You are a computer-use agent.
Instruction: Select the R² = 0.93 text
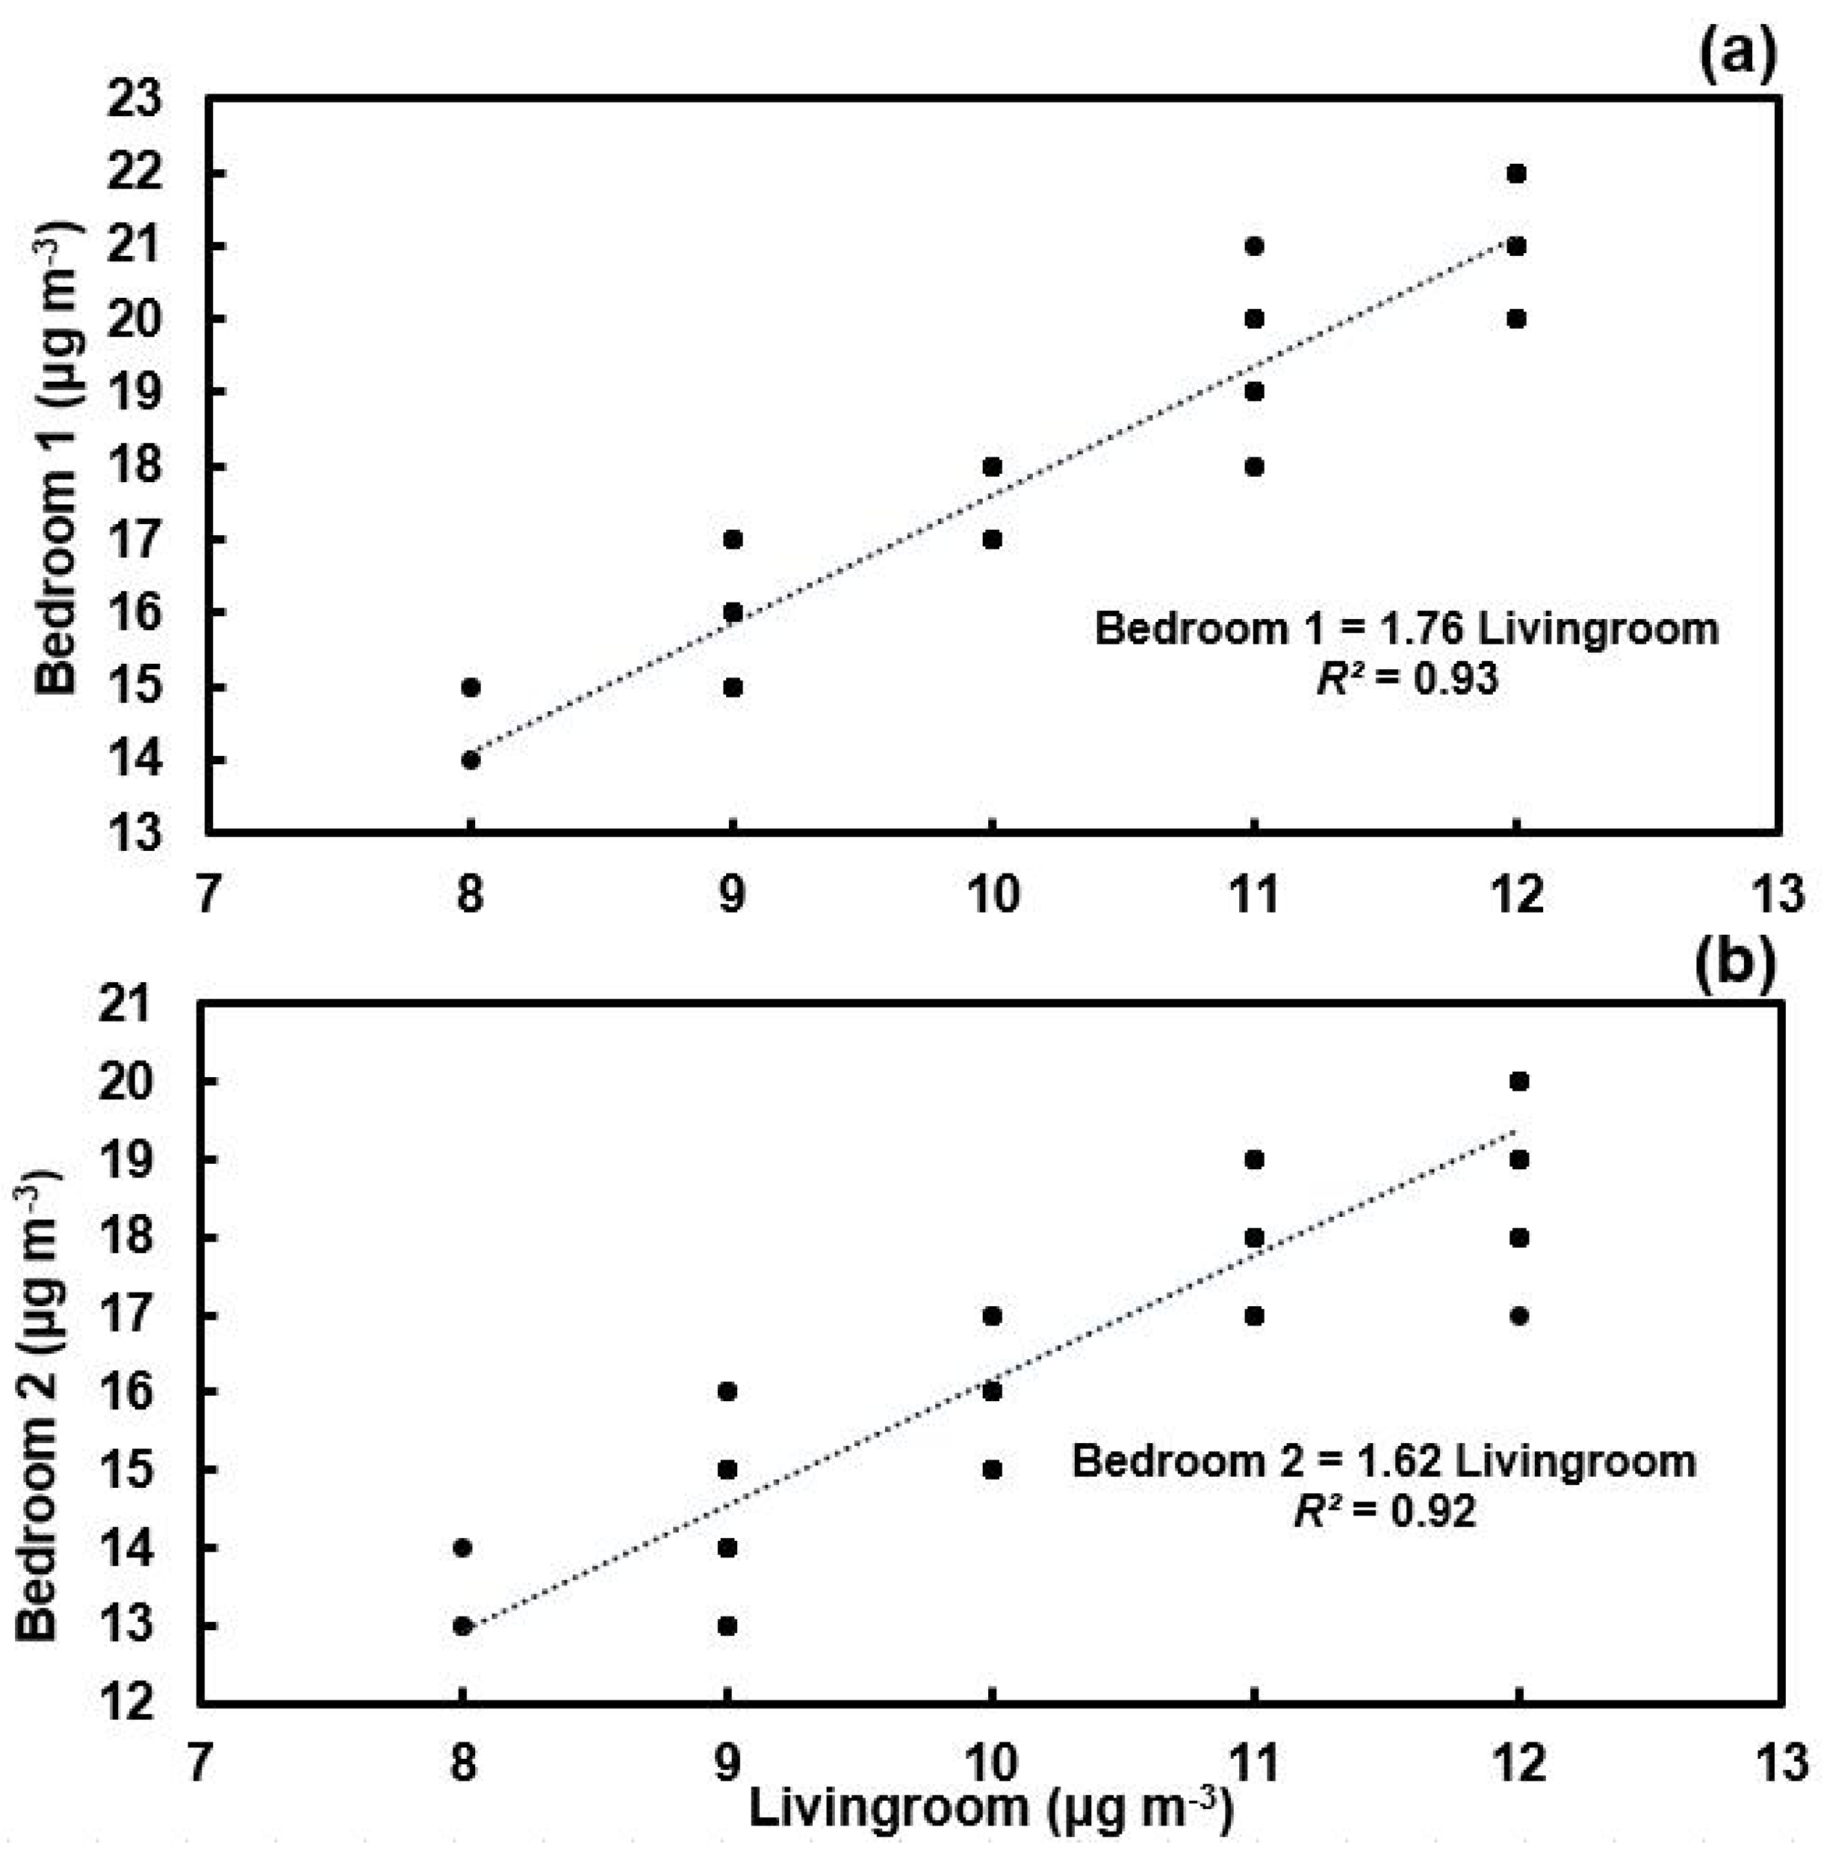click(1406, 679)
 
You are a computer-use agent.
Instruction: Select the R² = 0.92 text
click(1384, 1511)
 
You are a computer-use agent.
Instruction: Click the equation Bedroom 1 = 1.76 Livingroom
click(1406, 630)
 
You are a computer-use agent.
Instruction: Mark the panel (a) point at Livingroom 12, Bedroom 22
click(1516, 173)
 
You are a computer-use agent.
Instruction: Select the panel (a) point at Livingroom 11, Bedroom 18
click(1254, 466)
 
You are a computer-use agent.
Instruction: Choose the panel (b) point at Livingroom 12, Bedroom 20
click(1518, 1081)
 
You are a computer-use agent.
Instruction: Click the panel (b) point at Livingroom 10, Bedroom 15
click(992, 1469)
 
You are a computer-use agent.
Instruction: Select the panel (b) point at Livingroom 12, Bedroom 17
click(1518, 1316)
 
